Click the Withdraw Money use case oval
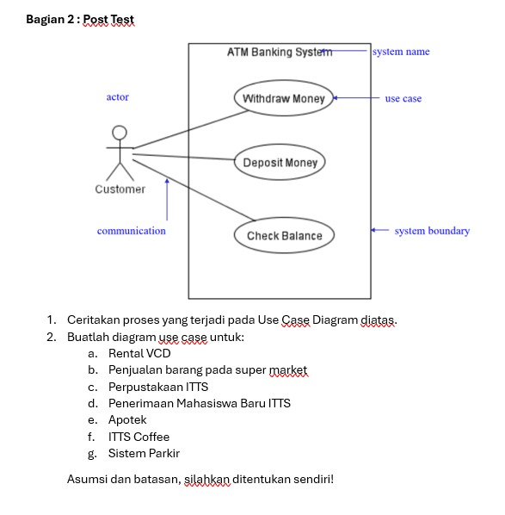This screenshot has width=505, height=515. point(283,99)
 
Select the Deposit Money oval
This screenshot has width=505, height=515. point(280,163)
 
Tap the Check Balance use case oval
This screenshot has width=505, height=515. point(284,236)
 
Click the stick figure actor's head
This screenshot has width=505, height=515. point(120,133)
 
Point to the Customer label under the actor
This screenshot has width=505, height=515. point(120,189)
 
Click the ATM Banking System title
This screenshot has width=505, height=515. point(279,53)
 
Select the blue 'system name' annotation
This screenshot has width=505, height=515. point(401,52)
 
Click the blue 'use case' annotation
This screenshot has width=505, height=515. point(403,99)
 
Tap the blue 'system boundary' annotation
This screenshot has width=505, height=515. point(432,231)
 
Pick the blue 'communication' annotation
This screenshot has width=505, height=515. point(132,231)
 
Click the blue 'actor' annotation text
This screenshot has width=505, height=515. point(118,97)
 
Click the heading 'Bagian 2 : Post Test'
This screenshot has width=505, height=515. point(80,19)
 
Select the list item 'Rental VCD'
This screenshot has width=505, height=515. point(139,353)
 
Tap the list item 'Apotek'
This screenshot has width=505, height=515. point(127,420)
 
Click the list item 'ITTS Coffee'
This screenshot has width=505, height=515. point(139,437)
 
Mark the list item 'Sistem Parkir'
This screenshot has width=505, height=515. point(144,453)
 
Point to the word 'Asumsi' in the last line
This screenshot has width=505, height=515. point(86,479)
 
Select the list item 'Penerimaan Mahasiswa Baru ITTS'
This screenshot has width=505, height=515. point(200,403)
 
